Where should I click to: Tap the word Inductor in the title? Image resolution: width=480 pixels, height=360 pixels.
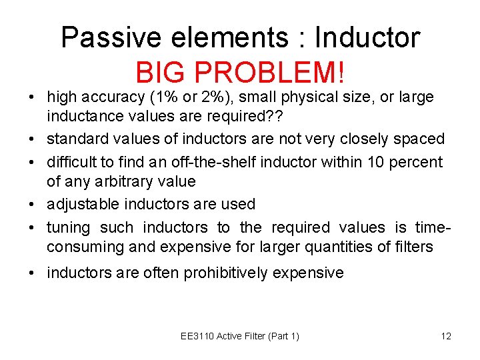tap(367, 38)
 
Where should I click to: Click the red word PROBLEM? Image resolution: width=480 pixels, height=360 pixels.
tap(274, 71)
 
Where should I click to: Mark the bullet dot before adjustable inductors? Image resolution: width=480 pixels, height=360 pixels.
tap(32, 205)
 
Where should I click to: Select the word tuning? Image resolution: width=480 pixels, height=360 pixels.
tap(68, 228)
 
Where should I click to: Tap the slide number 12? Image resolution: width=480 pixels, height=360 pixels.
tap(446, 336)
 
